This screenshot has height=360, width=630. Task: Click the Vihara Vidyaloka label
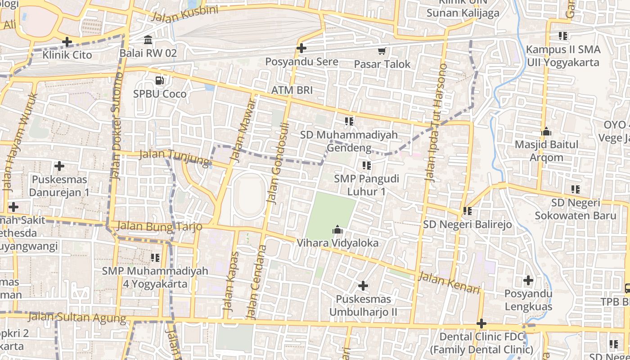[337, 243]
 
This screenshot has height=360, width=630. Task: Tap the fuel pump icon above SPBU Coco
[159, 81]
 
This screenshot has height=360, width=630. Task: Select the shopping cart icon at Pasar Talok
[382, 51]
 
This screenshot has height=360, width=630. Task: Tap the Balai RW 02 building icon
[148, 40]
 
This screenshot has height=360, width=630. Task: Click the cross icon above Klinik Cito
[67, 42]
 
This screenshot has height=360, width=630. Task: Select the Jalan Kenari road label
[449, 283]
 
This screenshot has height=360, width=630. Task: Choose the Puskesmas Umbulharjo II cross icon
[363, 286]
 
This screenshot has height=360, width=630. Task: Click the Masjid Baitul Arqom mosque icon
[546, 132]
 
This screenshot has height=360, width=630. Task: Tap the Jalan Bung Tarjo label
[159, 226]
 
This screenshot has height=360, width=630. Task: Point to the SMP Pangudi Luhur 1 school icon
[367, 166]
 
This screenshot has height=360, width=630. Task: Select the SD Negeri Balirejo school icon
[468, 211]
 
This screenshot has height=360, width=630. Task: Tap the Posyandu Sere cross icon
[301, 48]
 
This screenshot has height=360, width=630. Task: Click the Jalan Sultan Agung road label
[77, 318]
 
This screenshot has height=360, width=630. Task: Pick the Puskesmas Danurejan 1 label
[59, 186]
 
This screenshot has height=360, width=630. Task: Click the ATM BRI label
[292, 90]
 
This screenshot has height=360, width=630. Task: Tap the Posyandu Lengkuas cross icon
[528, 281]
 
